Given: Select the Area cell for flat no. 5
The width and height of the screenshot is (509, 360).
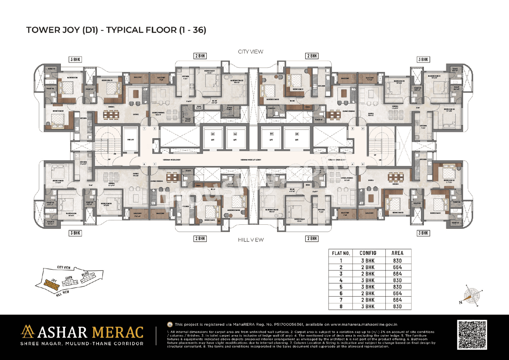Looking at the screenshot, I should (x=397, y=287).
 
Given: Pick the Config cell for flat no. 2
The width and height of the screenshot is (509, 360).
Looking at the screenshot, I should (x=367, y=267).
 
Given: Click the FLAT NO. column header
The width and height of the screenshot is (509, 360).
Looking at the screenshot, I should (x=341, y=253).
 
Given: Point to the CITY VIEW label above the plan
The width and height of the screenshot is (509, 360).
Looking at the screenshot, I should (x=251, y=52).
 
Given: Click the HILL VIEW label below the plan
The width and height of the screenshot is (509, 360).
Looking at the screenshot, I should (x=251, y=239).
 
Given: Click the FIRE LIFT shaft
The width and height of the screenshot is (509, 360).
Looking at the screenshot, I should (x=129, y=140).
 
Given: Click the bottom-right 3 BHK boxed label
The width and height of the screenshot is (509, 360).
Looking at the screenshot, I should (x=423, y=233).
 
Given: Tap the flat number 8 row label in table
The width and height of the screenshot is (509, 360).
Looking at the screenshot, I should (x=341, y=306).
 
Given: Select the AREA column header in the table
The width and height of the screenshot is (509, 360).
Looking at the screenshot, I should (x=397, y=253).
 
